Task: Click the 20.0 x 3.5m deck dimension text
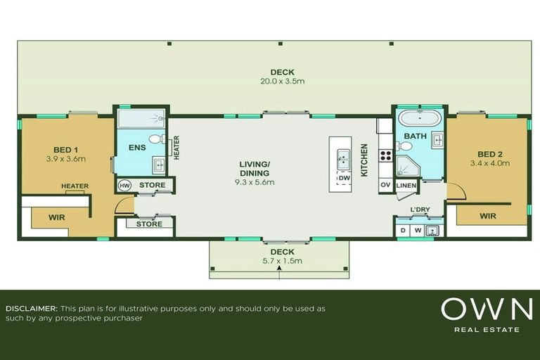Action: point(282,82)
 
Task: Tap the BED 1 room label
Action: point(65,149)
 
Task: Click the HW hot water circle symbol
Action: point(124,186)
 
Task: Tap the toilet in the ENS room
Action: point(156,139)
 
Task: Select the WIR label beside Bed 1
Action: point(57,218)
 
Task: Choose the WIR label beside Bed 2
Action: point(487,216)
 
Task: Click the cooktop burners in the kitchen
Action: point(385,155)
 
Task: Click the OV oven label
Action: point(385,185)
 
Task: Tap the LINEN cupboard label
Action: point(407,186)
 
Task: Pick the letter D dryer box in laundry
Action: point(403,230)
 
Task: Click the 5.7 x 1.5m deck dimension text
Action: point(280,261)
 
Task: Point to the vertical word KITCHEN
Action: point(364,160)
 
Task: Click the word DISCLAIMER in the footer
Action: point(31,309)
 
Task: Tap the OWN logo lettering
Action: point(487,310)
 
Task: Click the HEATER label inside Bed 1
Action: point(75,186)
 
